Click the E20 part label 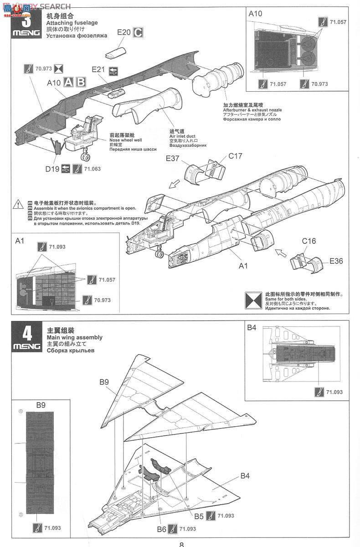124,32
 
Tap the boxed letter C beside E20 138,32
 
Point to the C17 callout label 235,156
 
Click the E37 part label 173,158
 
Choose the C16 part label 309,241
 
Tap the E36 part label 337,261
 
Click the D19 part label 52,169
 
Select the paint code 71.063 92,169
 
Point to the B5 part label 199,516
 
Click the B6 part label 161,529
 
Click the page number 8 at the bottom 181,544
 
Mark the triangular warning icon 19,203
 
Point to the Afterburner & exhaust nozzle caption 252,110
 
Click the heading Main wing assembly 75,337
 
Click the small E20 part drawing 116,52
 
